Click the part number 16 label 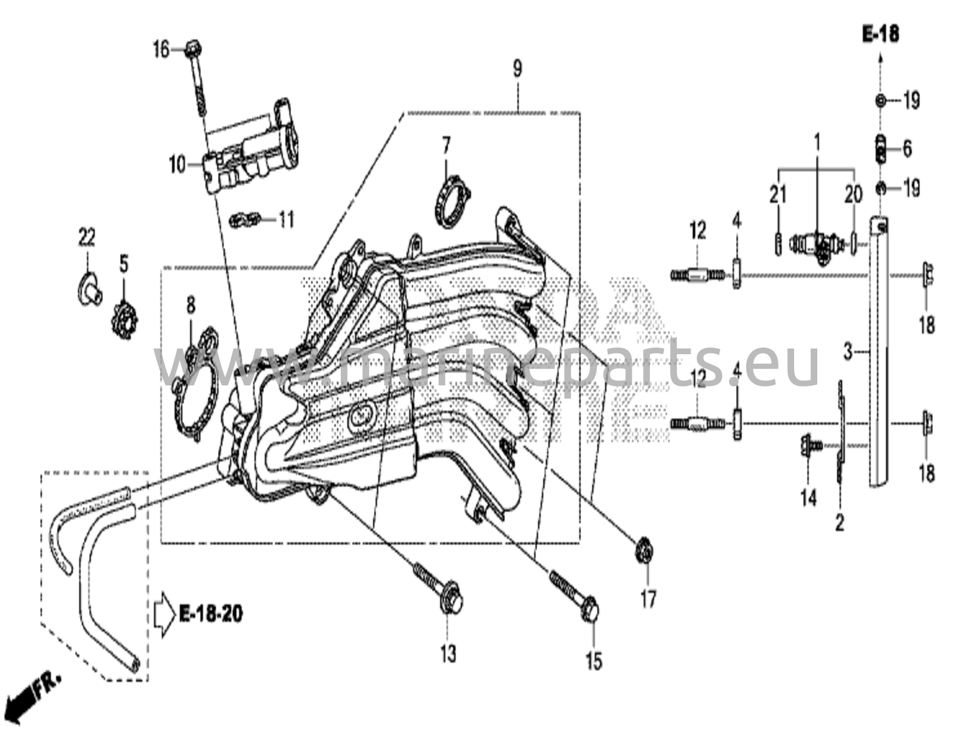tap(161, 49)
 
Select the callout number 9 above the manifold tap(518, 69)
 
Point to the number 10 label tap(178, 165)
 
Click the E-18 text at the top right tap(881, 34)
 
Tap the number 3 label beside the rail tap(848, 352)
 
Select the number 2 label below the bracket tap(839, 523)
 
